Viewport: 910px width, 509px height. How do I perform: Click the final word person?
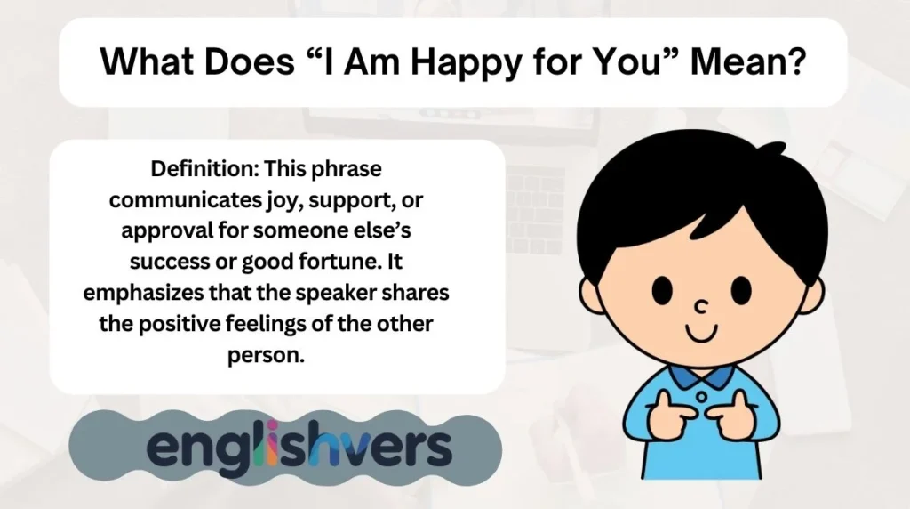point(277,355)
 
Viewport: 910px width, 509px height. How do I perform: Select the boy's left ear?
point(593,295)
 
